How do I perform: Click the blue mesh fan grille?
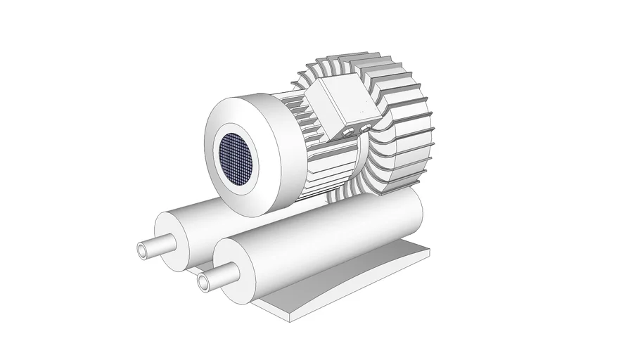click(x=236, y=157)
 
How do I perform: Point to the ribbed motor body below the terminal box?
click(x=331, y=162)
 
